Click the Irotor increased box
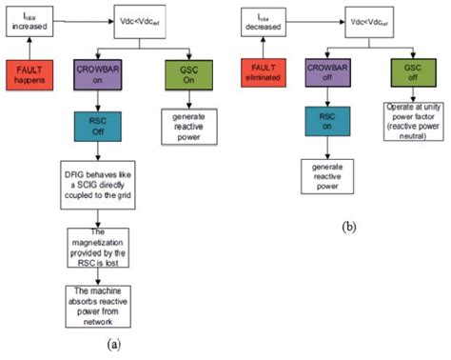tap(29, 20)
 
